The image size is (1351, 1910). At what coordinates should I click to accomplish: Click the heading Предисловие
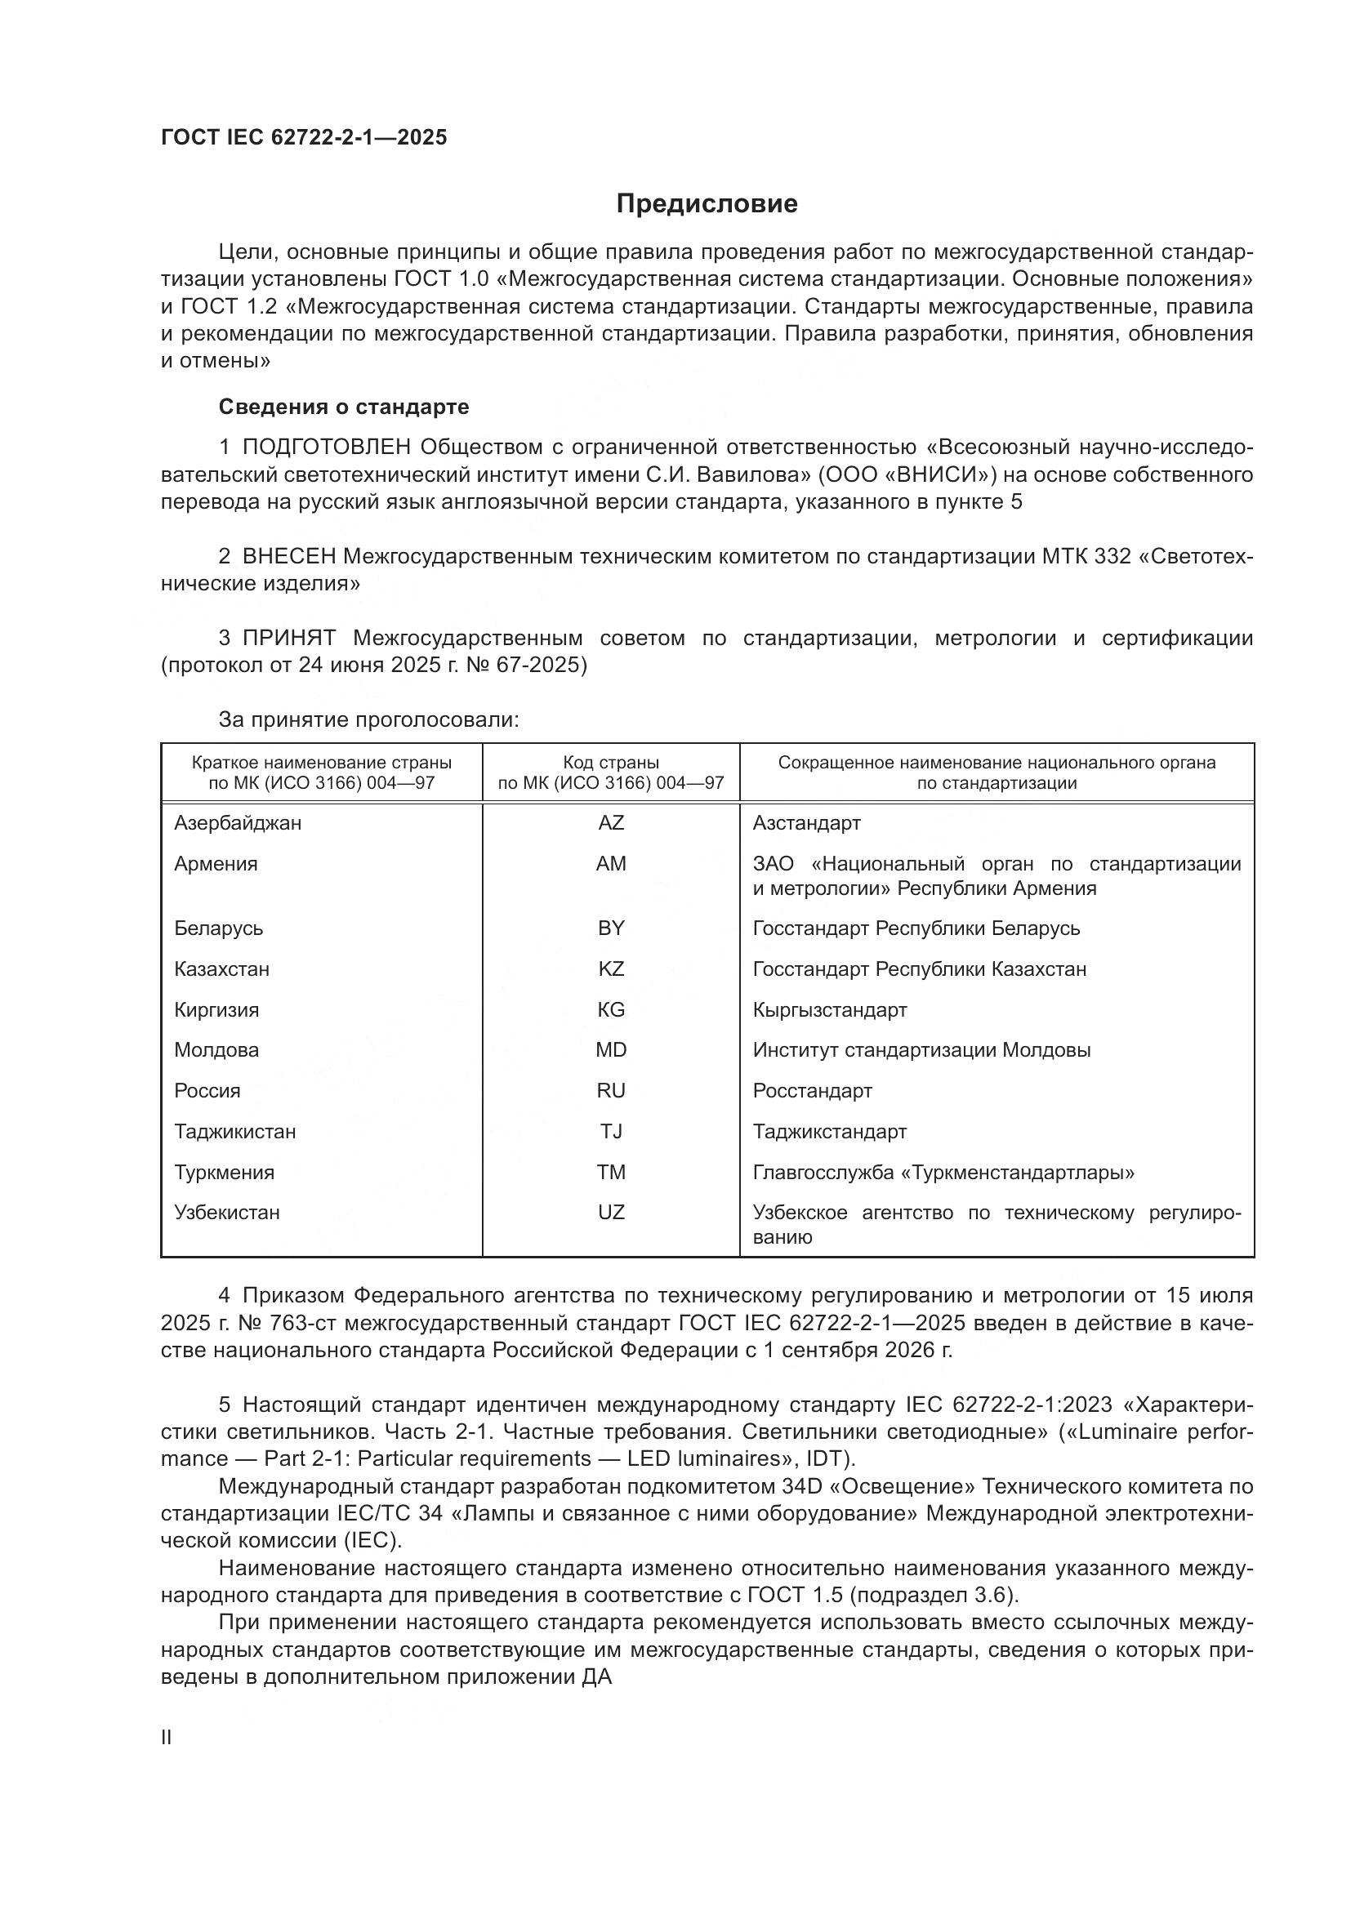pyautogui.click(x=707, y=204)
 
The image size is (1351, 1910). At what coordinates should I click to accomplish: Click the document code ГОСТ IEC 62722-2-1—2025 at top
pyautogui.click(x=304, y=137)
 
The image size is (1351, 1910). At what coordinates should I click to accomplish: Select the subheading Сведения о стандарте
pyautogui.click(x=344, y=407)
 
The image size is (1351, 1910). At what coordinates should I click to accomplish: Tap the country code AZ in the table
pyautogui.click(x=611, y=823)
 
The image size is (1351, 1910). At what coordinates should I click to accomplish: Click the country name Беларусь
pyautogui.click(x=218, y=928)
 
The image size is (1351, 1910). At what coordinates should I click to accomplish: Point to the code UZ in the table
pyautogui.click(x=611, y=1212)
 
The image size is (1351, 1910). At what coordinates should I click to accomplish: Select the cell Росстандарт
pyautogui.click(x=812, y=1091)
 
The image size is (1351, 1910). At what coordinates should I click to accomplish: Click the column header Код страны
pyautogui.click(x=611, y=762)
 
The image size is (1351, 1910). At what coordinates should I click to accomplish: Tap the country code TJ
pyautogui.click(x=611, y=1131)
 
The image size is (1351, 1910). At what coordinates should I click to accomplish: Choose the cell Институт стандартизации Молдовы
pyautogui.click(x=921, y=1050)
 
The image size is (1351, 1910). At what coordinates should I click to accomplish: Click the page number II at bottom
pyautogui.click(x=167, y=1738)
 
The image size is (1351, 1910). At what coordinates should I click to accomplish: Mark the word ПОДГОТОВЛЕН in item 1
pyautogui.click(x=326, y=447)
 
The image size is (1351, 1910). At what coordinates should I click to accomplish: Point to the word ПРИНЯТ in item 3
pyautogui.click(x=288, y=638)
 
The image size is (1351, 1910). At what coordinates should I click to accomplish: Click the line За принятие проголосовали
pyautogui.click(x=368, y=720)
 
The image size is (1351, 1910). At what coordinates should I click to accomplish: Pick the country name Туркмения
pyautogui.click(x=224, y=1172)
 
